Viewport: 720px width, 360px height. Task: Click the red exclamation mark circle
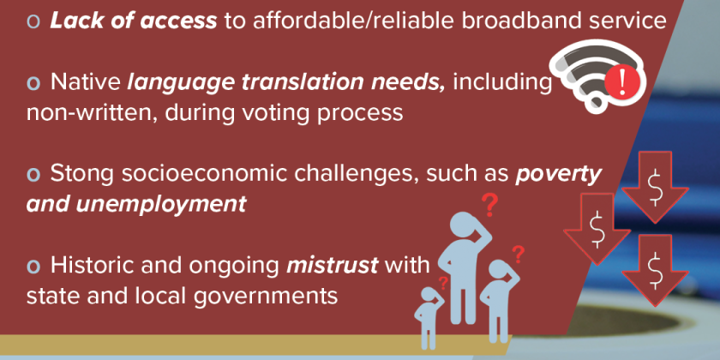point(621,82)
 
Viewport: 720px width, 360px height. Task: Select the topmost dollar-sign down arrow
point(655,187)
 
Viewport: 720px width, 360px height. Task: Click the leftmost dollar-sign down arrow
point(597,229)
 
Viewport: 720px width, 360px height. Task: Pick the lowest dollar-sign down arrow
point(655,270)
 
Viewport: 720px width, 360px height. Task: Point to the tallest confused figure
point(465,267)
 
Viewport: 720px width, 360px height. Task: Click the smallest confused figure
point(429,318)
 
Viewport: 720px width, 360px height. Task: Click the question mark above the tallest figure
point(489,205)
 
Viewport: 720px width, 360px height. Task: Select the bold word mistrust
point(332,266)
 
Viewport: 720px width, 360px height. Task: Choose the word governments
point(266,297)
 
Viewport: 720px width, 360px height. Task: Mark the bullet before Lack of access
point(33,22)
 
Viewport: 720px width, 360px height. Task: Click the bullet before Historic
point(33,267)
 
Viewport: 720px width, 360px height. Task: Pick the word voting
point(282,113)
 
